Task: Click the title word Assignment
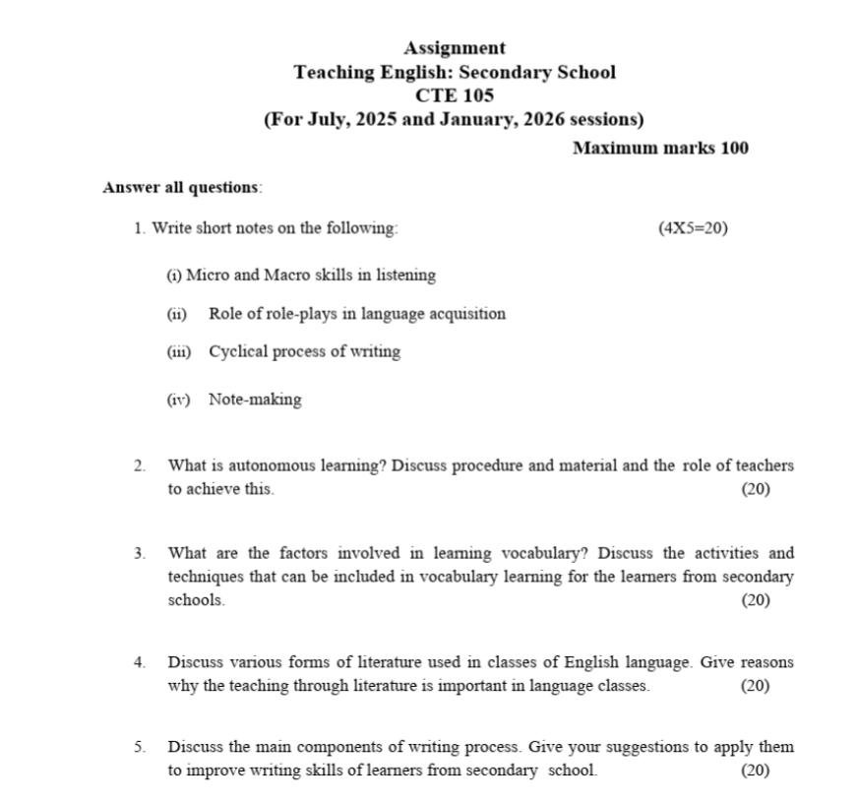click(x=455, y=48)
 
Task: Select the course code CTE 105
click(x=455, y=95)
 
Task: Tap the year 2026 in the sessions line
click(x=546, y=120)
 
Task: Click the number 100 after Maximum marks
click(x=731, y=149)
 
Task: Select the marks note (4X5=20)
click(x=693, y=228)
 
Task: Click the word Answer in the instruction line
click(x=131, y=187)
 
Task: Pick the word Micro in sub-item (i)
click(x=207, y=276)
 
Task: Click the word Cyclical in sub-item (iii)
click(x=237, y=351)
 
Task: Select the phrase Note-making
click(x=255, y=400)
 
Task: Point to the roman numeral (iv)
click(x=177, y=400)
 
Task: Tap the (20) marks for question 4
click(x=755, y=686)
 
